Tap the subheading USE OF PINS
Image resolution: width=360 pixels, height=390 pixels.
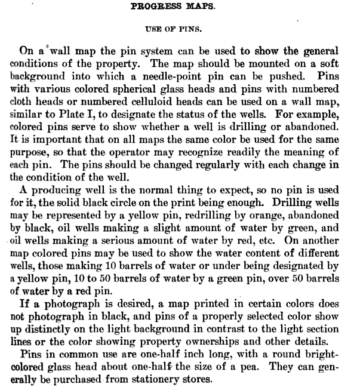point(180,29)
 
